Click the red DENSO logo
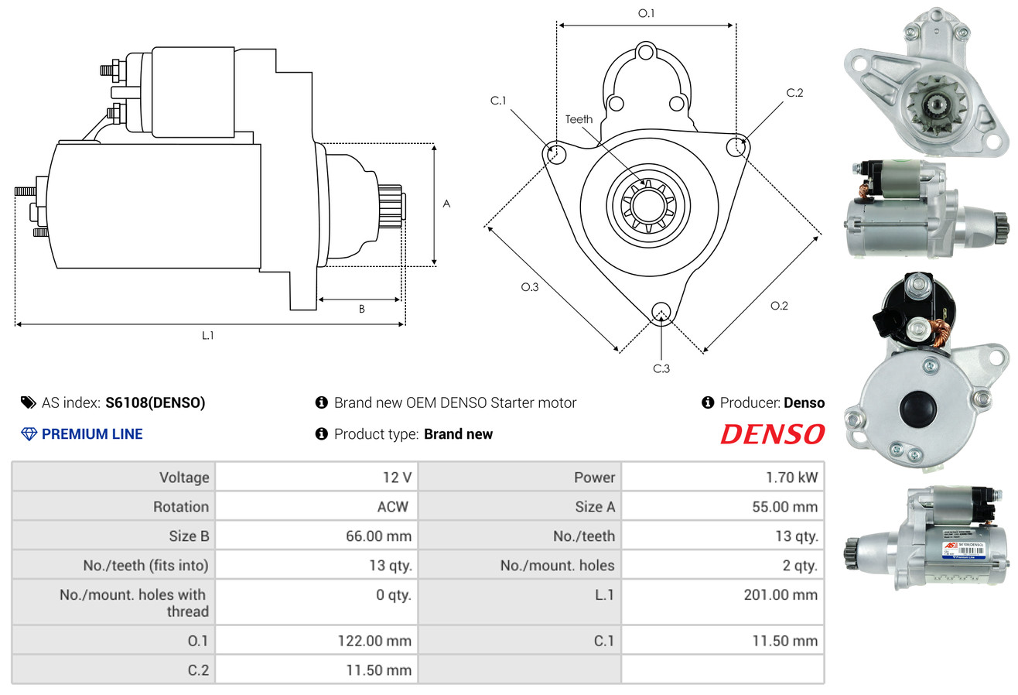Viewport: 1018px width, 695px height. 772,434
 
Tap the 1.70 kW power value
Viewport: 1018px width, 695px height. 791,478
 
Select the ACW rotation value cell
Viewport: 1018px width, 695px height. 391,507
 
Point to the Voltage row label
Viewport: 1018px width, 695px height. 184,478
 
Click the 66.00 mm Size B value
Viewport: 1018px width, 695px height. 378,536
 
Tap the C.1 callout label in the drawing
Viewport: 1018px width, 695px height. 498,101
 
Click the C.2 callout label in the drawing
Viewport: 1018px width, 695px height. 794,93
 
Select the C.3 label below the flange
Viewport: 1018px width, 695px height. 661,368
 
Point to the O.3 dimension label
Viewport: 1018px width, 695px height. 529,287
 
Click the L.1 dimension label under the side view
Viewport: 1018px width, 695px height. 207,336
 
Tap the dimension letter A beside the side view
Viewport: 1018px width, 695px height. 446,204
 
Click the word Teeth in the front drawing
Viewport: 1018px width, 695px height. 579,119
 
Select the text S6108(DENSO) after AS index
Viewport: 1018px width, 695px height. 155,402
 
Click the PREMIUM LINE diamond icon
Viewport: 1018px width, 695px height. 29,434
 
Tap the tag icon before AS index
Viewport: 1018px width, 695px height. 28,402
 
